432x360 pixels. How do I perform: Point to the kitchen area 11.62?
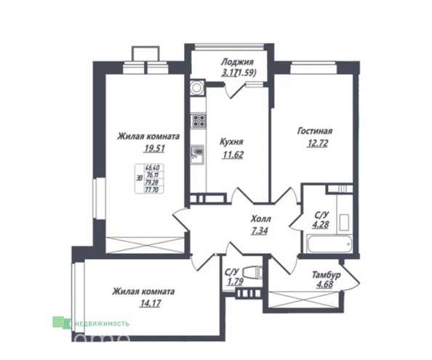[231, 154]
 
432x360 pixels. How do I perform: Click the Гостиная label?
[314, 132]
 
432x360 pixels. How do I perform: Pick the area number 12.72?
[314, 143]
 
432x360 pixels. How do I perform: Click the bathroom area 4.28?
[319, 224]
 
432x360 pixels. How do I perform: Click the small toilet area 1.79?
[236, 281]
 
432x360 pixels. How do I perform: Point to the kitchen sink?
[197, 153]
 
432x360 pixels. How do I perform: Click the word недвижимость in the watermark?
[100, 322]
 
